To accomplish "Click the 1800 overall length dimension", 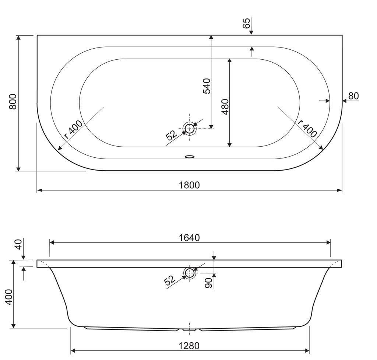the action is pos(189,185).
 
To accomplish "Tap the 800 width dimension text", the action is pos(13,102).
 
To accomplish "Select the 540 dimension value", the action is pos(207,86).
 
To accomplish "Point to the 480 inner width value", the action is pos(225,106).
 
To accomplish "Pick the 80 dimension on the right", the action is pos(353,96).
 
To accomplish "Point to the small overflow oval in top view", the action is pos(190,157).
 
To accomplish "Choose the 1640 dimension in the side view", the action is pos(189,238).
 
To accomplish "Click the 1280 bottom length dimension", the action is pos(189,346).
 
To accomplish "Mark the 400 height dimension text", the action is pos(9,297).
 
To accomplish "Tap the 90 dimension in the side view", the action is pos(209,283).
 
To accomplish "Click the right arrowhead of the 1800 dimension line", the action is pos(339,191).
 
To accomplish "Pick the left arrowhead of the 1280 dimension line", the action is pos(74,351).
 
